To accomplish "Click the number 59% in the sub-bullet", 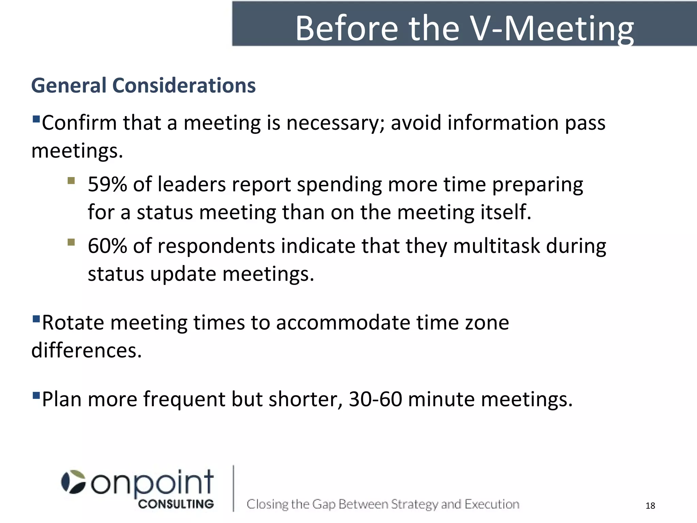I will (107, 185).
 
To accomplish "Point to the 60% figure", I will (107, 246).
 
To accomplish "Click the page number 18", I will (650, 506).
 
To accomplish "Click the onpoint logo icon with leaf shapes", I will (73, 482).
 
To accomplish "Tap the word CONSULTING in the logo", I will (176, 504).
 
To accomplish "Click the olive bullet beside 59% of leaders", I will (71, 180).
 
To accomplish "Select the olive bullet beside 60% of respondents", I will (71, 242).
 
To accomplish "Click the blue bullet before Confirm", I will (36, 120).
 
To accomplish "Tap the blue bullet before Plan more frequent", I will (36, 396).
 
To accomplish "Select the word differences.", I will (86, 350).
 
